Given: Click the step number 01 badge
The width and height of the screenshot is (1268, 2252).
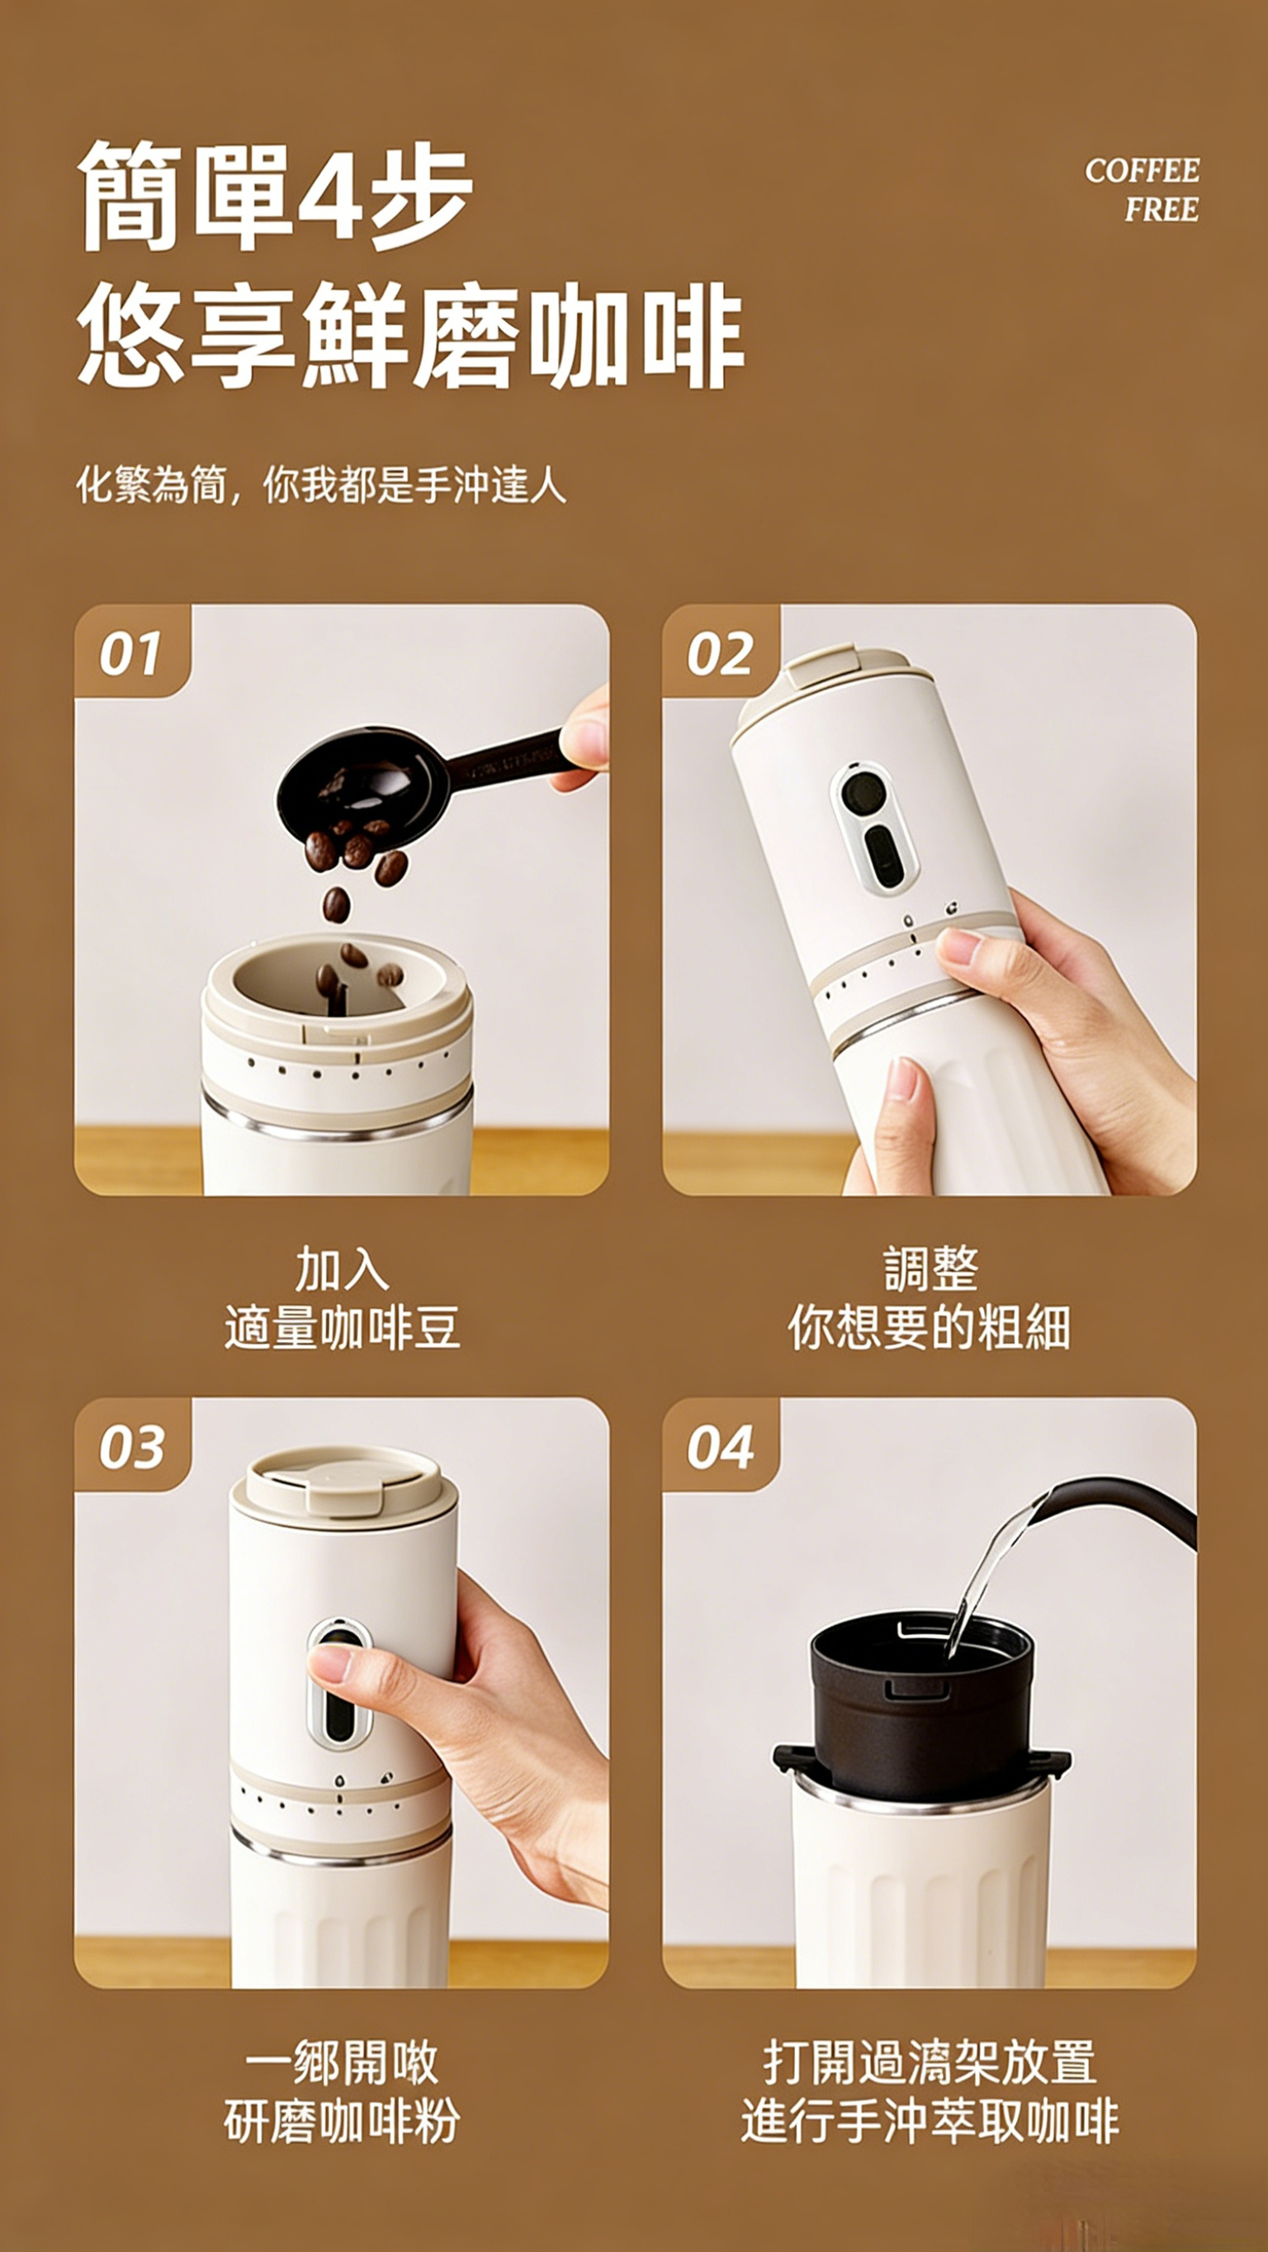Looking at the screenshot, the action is point(132,652).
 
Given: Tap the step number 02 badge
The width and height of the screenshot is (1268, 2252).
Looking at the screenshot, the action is point(720,652).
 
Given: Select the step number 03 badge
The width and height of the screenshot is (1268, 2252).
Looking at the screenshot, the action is point(132,1445).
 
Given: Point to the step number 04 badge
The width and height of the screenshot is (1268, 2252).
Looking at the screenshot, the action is point(720,1445).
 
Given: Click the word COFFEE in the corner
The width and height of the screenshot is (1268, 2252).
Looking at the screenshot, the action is point(1143,170).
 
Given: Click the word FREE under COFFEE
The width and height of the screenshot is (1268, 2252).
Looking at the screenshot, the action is point(1162,210).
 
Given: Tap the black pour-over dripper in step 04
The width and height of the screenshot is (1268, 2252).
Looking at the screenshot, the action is point(920,1705).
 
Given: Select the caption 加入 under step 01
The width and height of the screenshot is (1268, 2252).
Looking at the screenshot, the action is point(342,1269).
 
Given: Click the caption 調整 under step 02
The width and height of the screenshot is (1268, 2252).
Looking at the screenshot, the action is point(930,1269).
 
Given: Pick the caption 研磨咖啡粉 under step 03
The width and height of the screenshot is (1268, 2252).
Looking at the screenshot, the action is point(342,2121).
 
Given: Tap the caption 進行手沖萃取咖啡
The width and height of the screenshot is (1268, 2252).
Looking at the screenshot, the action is point(930,2121).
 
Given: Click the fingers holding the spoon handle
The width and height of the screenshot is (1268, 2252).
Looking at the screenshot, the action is point(584,740).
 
